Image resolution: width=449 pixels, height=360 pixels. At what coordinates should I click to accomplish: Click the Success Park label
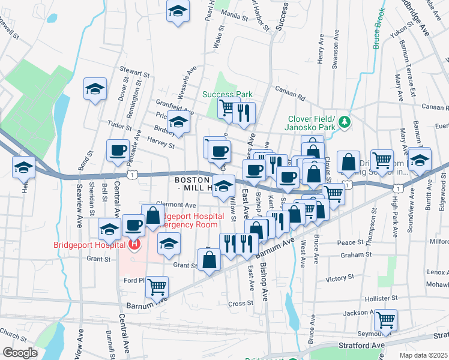tap(227, 94)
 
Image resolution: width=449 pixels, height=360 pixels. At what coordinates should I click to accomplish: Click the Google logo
tap(20, 353)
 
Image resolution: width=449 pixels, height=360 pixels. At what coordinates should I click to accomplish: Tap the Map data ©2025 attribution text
tap(424, 355)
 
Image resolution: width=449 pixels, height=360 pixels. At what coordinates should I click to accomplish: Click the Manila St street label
tap(235, 14)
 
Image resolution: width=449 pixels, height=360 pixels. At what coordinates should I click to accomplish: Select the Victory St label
tap(340, 278)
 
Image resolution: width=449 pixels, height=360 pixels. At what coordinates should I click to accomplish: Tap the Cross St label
tap(241, 304)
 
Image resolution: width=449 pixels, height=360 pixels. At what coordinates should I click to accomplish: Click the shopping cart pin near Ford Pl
tap(157, 286)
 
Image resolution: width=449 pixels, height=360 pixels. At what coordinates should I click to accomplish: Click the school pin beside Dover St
tap(95, 89)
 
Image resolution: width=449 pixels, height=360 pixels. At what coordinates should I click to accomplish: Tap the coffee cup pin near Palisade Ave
tap(118, 150)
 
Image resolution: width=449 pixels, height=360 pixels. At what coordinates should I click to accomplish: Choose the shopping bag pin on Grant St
tap(209, 260)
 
